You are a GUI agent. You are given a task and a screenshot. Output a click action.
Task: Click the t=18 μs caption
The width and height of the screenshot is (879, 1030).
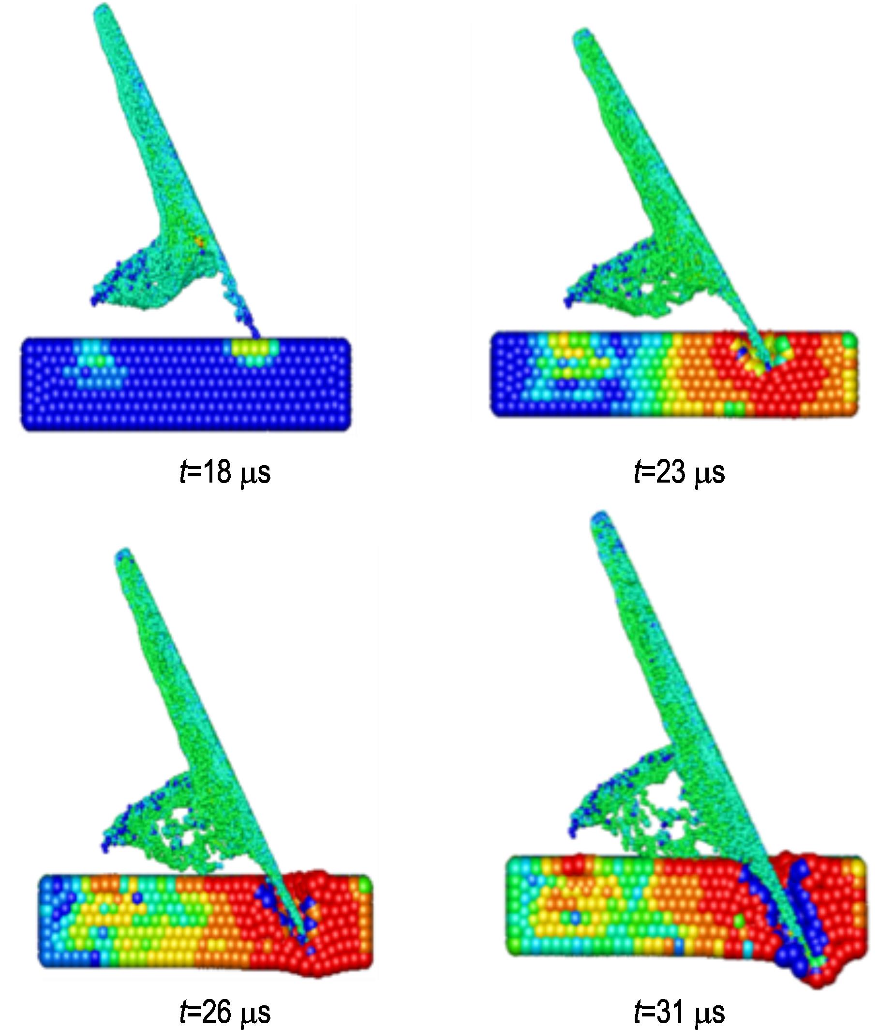[x=225, y=472]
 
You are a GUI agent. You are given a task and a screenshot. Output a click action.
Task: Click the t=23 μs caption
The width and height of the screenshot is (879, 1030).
[x=680, y=472]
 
